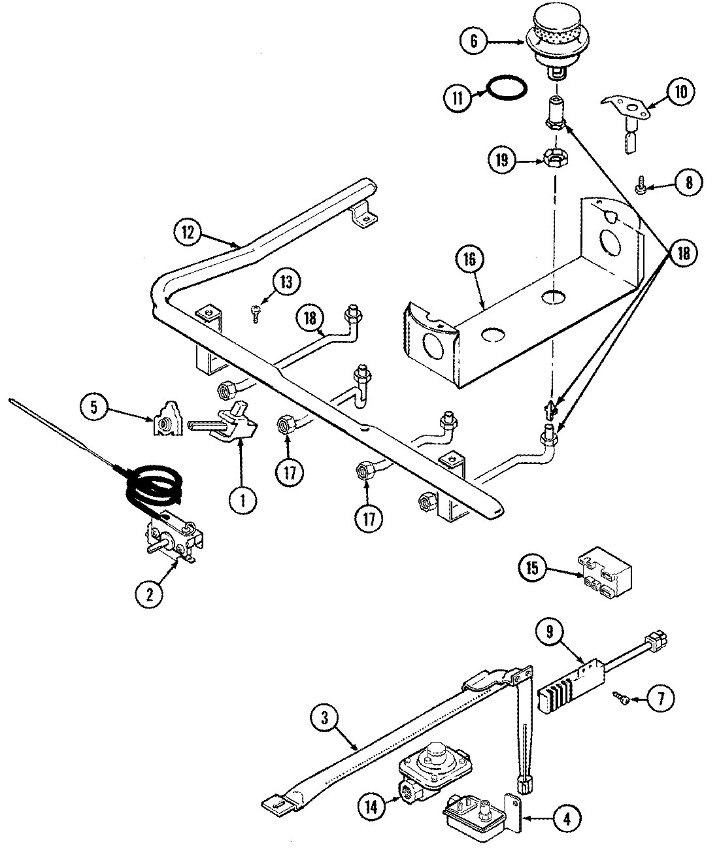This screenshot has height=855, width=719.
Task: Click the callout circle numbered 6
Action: tap(474, 41)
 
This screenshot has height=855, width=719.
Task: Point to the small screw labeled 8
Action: tap(641, 188)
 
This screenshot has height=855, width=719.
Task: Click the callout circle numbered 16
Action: tap(473, 260)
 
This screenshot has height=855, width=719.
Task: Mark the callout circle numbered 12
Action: tap(188, 231)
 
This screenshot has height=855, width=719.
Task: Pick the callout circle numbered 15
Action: tap(533, 567)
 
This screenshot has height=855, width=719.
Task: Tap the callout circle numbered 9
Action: tap(550, 631)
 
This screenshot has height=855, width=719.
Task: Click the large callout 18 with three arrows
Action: tap(683, 254)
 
